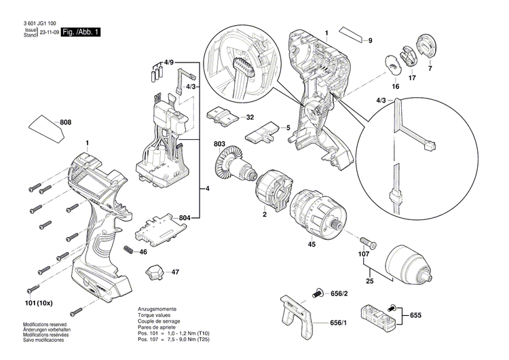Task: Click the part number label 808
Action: pyautogui.click(x=66, y=122)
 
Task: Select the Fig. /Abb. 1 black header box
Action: pyautogui.click(x=80, y=33)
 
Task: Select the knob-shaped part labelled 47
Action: pyautogui.click(x=154, y=273)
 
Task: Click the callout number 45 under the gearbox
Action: pyautogui.click(x=312, y=245)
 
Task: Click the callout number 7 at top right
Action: pyautogui.click(x=429, y=69)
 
